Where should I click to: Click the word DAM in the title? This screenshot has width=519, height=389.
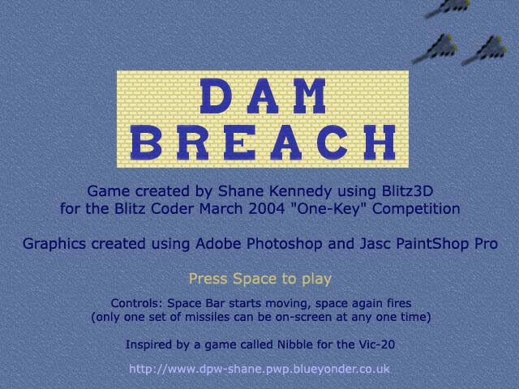tap(263, 96)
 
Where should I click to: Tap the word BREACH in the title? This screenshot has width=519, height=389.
tap(263, 143)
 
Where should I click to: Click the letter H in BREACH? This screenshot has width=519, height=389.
tap(380, 143)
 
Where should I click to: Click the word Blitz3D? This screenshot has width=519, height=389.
tap(407, 191)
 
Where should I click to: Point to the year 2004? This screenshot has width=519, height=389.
tap(267, 209)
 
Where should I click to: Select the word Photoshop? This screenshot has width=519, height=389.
tap(285, 244)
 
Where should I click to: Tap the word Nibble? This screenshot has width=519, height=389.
tap(295, 344)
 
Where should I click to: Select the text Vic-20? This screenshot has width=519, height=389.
tap(377, 344)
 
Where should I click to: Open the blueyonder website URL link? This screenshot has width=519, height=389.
tap(259, 369)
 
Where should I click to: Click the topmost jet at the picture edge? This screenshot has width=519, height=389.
tap(448, 8)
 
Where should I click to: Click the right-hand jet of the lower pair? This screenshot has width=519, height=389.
tap(484, 50)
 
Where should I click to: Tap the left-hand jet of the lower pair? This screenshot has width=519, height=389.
tap(435, 49)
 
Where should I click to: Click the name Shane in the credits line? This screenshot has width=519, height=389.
tap(242, 191)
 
